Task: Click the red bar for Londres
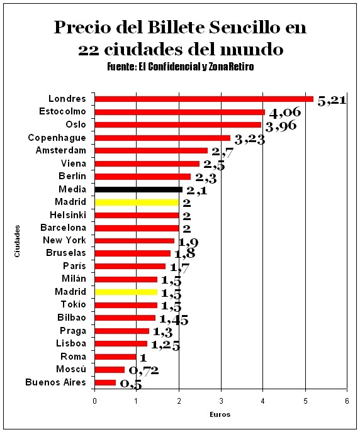coord(204,99)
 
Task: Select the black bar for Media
coord(138,189)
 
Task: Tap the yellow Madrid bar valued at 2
coord(137,202)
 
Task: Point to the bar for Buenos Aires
coord(105,383)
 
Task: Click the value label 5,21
coord(332,101)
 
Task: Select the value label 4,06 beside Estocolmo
coord(285,113)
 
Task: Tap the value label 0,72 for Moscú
coord(144,370)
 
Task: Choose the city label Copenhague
coord(57,138)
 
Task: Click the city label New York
coord(64,240)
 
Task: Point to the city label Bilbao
coord(72,318)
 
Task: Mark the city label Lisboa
coord(71,343)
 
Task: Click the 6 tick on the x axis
coord(347,401)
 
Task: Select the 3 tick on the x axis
coord(221,401)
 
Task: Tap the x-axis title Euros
coord(220,414)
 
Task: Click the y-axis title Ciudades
coord(17,241)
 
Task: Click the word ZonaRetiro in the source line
coord(231,67)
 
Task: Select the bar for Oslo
coord(177,125)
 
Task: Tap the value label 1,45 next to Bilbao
coord(174,320)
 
